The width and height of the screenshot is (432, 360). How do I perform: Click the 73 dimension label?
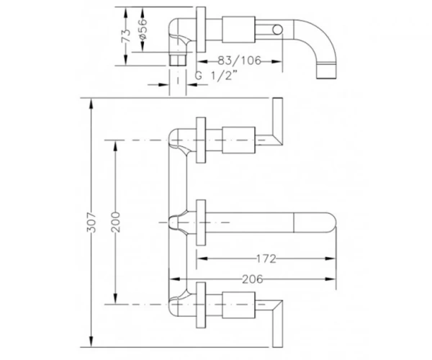[x=126, y=35]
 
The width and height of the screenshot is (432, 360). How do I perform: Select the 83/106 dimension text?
[x=239, y=60]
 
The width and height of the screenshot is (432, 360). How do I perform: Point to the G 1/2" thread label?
[x=216, y=76]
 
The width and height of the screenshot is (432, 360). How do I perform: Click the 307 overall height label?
[x=91, y=222]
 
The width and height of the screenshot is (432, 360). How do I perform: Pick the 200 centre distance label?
[x=116, y=222]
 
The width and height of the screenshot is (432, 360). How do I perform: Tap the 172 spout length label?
[x=266, y=258]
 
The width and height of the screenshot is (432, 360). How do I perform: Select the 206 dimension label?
[x=253, y=279]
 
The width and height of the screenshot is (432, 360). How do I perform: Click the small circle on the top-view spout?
[x=277, y=30]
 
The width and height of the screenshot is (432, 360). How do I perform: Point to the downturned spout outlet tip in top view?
[x=327, y=71]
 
